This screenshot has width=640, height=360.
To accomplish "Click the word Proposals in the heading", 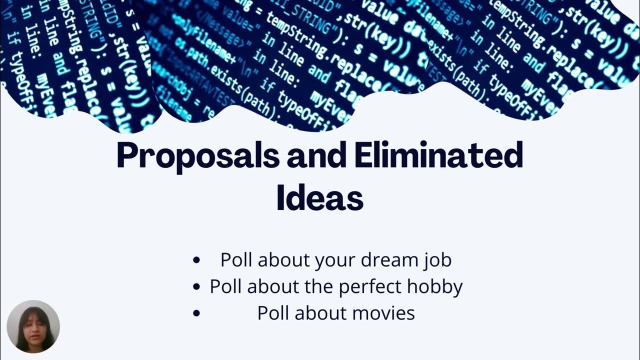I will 198,156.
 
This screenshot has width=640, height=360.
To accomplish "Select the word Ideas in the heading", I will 319,198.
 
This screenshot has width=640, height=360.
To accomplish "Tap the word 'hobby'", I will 434,287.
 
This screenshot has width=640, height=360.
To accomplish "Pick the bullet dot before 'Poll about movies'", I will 196,313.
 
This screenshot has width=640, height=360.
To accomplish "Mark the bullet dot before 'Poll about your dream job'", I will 196,260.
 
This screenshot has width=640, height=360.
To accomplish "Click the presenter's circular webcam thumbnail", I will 33,326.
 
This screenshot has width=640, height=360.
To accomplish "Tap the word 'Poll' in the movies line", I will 273,313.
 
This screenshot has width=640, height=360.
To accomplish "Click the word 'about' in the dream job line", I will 286,260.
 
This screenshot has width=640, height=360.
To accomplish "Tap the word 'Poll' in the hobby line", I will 225,287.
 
